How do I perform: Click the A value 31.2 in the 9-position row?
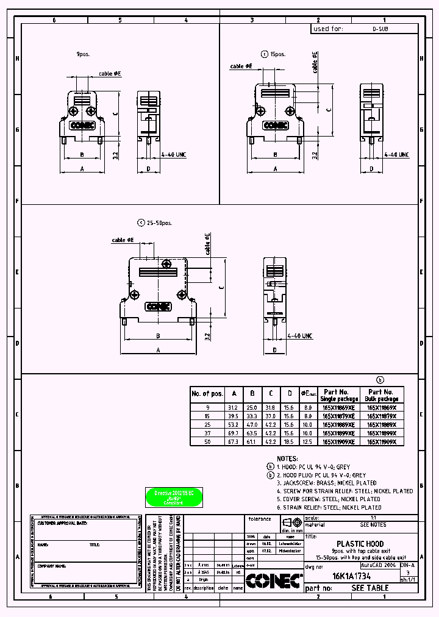pyautogui.click(x=232, y=407)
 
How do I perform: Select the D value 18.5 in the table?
pyautogui.click(x=290, y=441)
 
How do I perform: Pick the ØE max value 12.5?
pyautogui.click(x=309, y=441)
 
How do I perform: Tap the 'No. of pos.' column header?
pyautogui.click(x=207, y=393)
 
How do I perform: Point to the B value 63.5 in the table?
pyautogui.click(x=251, y=433)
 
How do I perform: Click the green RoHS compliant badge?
pyautogui.click(x=174, y=497)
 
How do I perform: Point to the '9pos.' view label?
pyautogui.click(x=83, y=54)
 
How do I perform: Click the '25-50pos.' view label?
pyautogui.click(x=159, y=223)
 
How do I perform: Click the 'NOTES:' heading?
pyautogui.click(x=287, y=458)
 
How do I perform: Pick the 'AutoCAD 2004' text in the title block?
pyautogui.click(x=378, y=566)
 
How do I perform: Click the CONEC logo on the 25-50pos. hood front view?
pyautogui.click(x=157, y=307)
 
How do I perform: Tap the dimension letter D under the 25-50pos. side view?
pyautogui.click(x=275, y=350)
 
